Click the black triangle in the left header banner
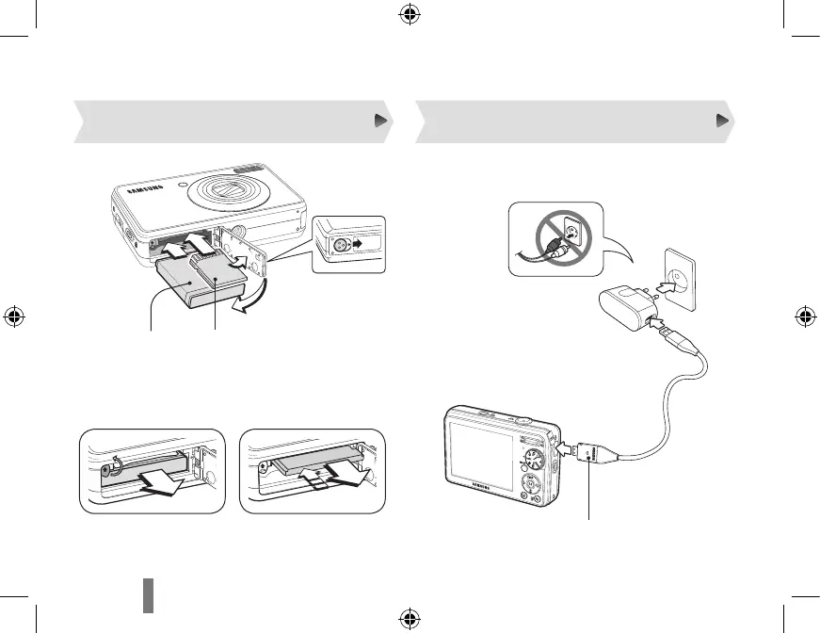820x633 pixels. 379,121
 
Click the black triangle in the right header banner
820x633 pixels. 722,121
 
